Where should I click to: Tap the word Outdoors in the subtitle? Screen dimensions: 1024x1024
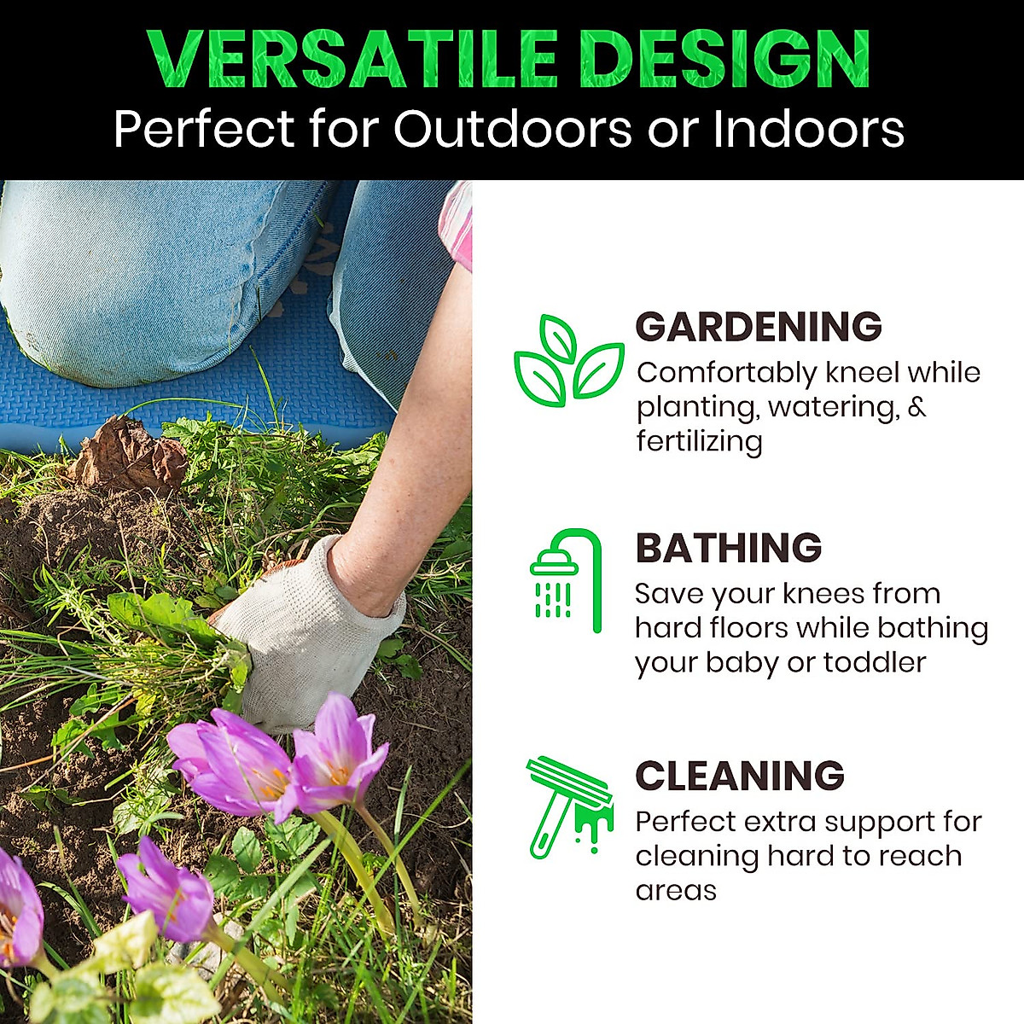(x=512, y=129)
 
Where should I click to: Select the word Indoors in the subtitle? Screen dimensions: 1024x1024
(x=808, y=129)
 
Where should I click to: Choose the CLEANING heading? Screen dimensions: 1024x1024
(x=739, y=776)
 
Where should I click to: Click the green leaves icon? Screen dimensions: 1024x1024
(x=568, y=361)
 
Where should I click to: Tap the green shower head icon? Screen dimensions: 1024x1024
(x=566, y=580)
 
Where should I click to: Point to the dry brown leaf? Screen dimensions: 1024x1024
(x=131, y=453)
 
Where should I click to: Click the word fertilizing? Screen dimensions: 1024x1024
(x=700, y=441)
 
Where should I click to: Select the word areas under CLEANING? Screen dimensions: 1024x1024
(x=676, y=890)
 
